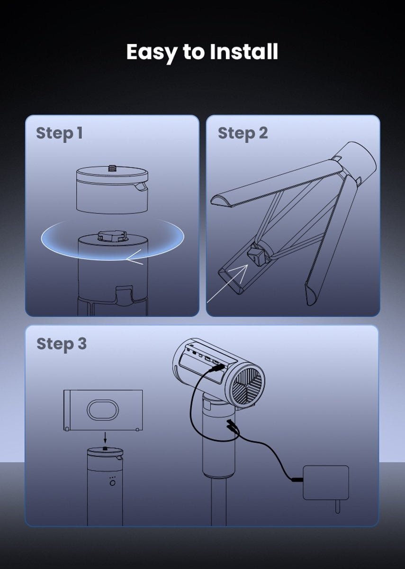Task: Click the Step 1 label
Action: point(59,134)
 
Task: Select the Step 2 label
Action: point(243,134)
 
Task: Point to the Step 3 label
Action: point(62,344)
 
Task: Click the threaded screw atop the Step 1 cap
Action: point(112,168)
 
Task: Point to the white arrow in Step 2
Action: point(227,283)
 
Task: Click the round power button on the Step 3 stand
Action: point(112,483)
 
